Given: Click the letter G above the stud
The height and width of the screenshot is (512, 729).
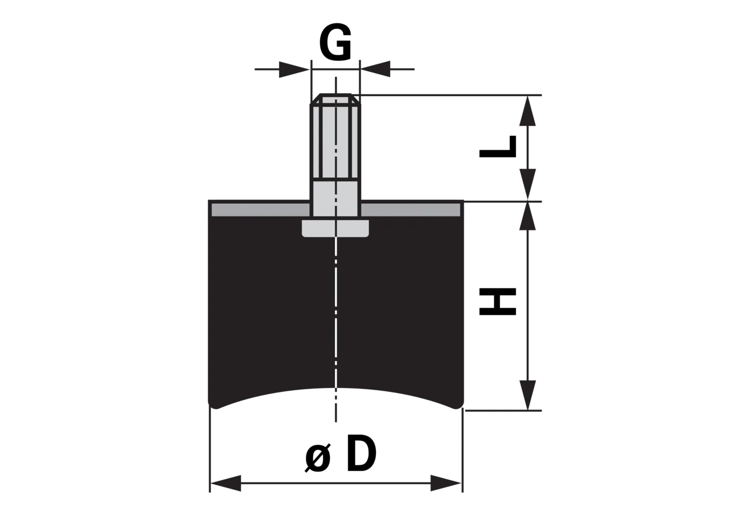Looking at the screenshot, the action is tap(335, 42).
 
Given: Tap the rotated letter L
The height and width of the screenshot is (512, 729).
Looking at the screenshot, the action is tap(498, 147).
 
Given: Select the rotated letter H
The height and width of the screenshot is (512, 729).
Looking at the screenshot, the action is tap(498, 302).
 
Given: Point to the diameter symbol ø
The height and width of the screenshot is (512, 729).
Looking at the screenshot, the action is tap(318, 457).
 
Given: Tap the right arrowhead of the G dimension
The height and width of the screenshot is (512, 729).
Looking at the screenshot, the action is tap(375, 69).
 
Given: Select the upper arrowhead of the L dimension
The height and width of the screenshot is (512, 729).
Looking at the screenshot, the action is tap(527, 111).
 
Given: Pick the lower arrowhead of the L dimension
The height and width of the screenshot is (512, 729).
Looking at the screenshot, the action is tap(527, 184).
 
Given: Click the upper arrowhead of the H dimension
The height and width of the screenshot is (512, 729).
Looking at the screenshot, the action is tap(527, 216).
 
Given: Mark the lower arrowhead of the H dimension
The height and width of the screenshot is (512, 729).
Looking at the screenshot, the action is tap(527, 395).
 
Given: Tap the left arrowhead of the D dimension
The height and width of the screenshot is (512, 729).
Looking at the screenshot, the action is tap(226, 483).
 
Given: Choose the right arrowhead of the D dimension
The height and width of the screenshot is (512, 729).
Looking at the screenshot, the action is tap(445, 483).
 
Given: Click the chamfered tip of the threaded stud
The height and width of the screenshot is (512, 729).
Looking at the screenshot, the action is tap(335, 99).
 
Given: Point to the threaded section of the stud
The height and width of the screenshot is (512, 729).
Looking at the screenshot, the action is tap(335, 142).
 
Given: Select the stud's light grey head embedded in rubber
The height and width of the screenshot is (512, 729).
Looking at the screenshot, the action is tap(335, 228).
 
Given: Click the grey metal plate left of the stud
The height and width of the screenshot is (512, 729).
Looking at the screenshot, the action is tap(260, 210).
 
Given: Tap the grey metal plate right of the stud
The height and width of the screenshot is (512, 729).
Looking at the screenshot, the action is tap(411, 210).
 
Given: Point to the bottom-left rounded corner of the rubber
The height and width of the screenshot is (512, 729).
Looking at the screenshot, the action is tap(214, 404).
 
